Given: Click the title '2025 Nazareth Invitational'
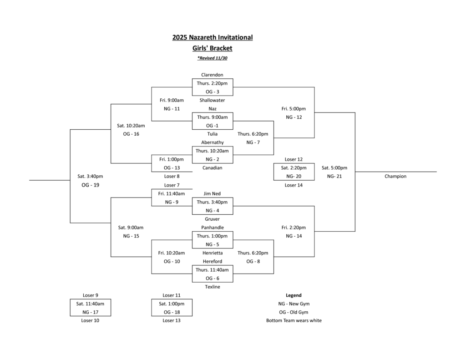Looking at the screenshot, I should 212,37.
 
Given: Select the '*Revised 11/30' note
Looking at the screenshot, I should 212,58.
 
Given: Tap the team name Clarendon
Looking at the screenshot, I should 212,75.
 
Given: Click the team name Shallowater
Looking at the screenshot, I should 212,100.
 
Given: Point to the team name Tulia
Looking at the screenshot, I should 212,134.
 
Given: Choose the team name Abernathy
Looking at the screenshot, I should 212,142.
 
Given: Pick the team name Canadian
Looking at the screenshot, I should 212,167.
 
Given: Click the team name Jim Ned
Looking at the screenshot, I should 212,193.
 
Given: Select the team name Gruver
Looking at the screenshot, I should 212,219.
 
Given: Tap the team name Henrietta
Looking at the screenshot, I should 212,253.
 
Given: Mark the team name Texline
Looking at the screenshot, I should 212,287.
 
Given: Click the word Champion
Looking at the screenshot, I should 395,177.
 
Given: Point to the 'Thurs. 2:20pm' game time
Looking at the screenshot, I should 212,83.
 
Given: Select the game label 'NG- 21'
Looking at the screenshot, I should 334,177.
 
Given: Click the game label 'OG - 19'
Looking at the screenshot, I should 90,185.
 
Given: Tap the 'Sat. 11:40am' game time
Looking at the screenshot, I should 90,304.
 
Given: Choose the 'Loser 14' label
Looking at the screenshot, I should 294,185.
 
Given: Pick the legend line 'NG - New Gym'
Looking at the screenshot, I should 294,304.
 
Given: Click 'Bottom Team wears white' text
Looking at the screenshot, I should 294,320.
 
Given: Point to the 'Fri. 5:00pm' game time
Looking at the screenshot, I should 294,109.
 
